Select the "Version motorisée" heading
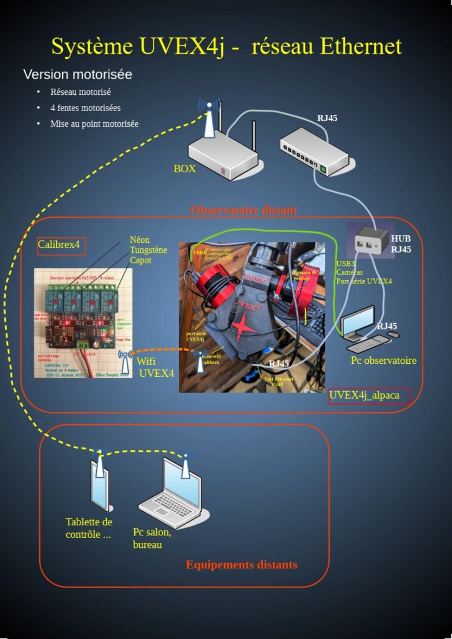point(77,74)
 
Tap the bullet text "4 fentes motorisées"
point(86,108)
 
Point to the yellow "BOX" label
point(185,168)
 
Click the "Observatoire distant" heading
point(243,210)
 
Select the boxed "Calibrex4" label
point(61,244)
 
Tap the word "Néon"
point(140,240)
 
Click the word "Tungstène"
point(149,250)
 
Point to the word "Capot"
point(140,260)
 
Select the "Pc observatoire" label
point(383,360)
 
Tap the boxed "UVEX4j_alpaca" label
point(369,395)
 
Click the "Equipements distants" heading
point(241,565)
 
